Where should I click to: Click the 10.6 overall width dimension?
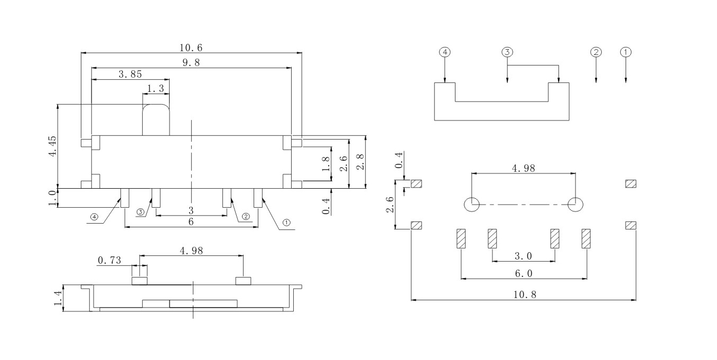[x=191, y=48]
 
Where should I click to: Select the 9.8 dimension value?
[x=191, y=63]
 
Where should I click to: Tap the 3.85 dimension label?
[x=130, y=75]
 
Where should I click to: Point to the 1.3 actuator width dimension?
[x=156, y=89]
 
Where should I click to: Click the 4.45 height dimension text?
[x=52, y=146]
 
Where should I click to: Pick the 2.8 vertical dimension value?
[x=360, y=162]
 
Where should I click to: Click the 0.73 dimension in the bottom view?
[x=109, y=260]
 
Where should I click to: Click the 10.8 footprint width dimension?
[x=524, y=295]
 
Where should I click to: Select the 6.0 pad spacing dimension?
[x=524, y=273]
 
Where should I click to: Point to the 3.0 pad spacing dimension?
[x=523, y=256]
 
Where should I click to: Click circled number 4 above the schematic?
[x=445, y=52]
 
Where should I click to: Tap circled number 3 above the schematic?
[x=507, y=52]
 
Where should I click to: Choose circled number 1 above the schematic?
[x=626, y=52]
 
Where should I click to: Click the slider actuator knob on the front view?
[x=156, y=120]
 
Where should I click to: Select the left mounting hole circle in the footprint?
[x=471, y=205]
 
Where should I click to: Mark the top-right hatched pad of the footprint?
[x=630, y=184]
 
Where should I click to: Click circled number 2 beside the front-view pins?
[x=246, y=216]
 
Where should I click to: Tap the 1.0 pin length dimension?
[x=52, y=198]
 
